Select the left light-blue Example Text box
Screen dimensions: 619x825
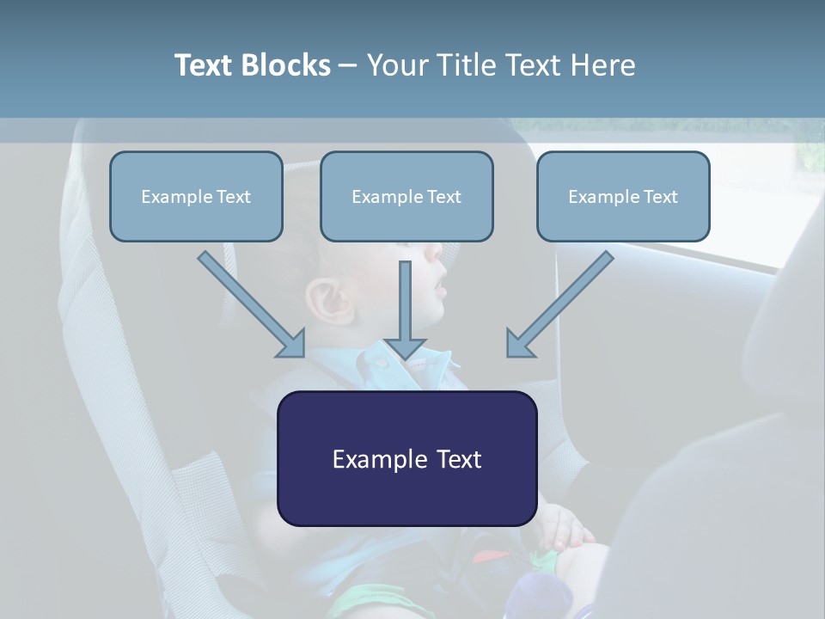coord(196,196)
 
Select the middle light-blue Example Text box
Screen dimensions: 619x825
coord(406,196)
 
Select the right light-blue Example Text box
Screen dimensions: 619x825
coord(623,196)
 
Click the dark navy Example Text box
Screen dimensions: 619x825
coord(406,458)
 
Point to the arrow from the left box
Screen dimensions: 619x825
coord(251,303)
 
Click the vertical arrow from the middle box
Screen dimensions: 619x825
coord(405,309)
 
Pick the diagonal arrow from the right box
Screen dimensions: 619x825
coord(560,303)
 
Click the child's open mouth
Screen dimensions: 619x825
coord(440,283)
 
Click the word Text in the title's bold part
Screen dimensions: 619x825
coord(205,65)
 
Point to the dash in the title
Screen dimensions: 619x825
coord(348,66)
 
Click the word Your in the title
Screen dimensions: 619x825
coord(395,65)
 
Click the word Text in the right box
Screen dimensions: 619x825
coord(660,196)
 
